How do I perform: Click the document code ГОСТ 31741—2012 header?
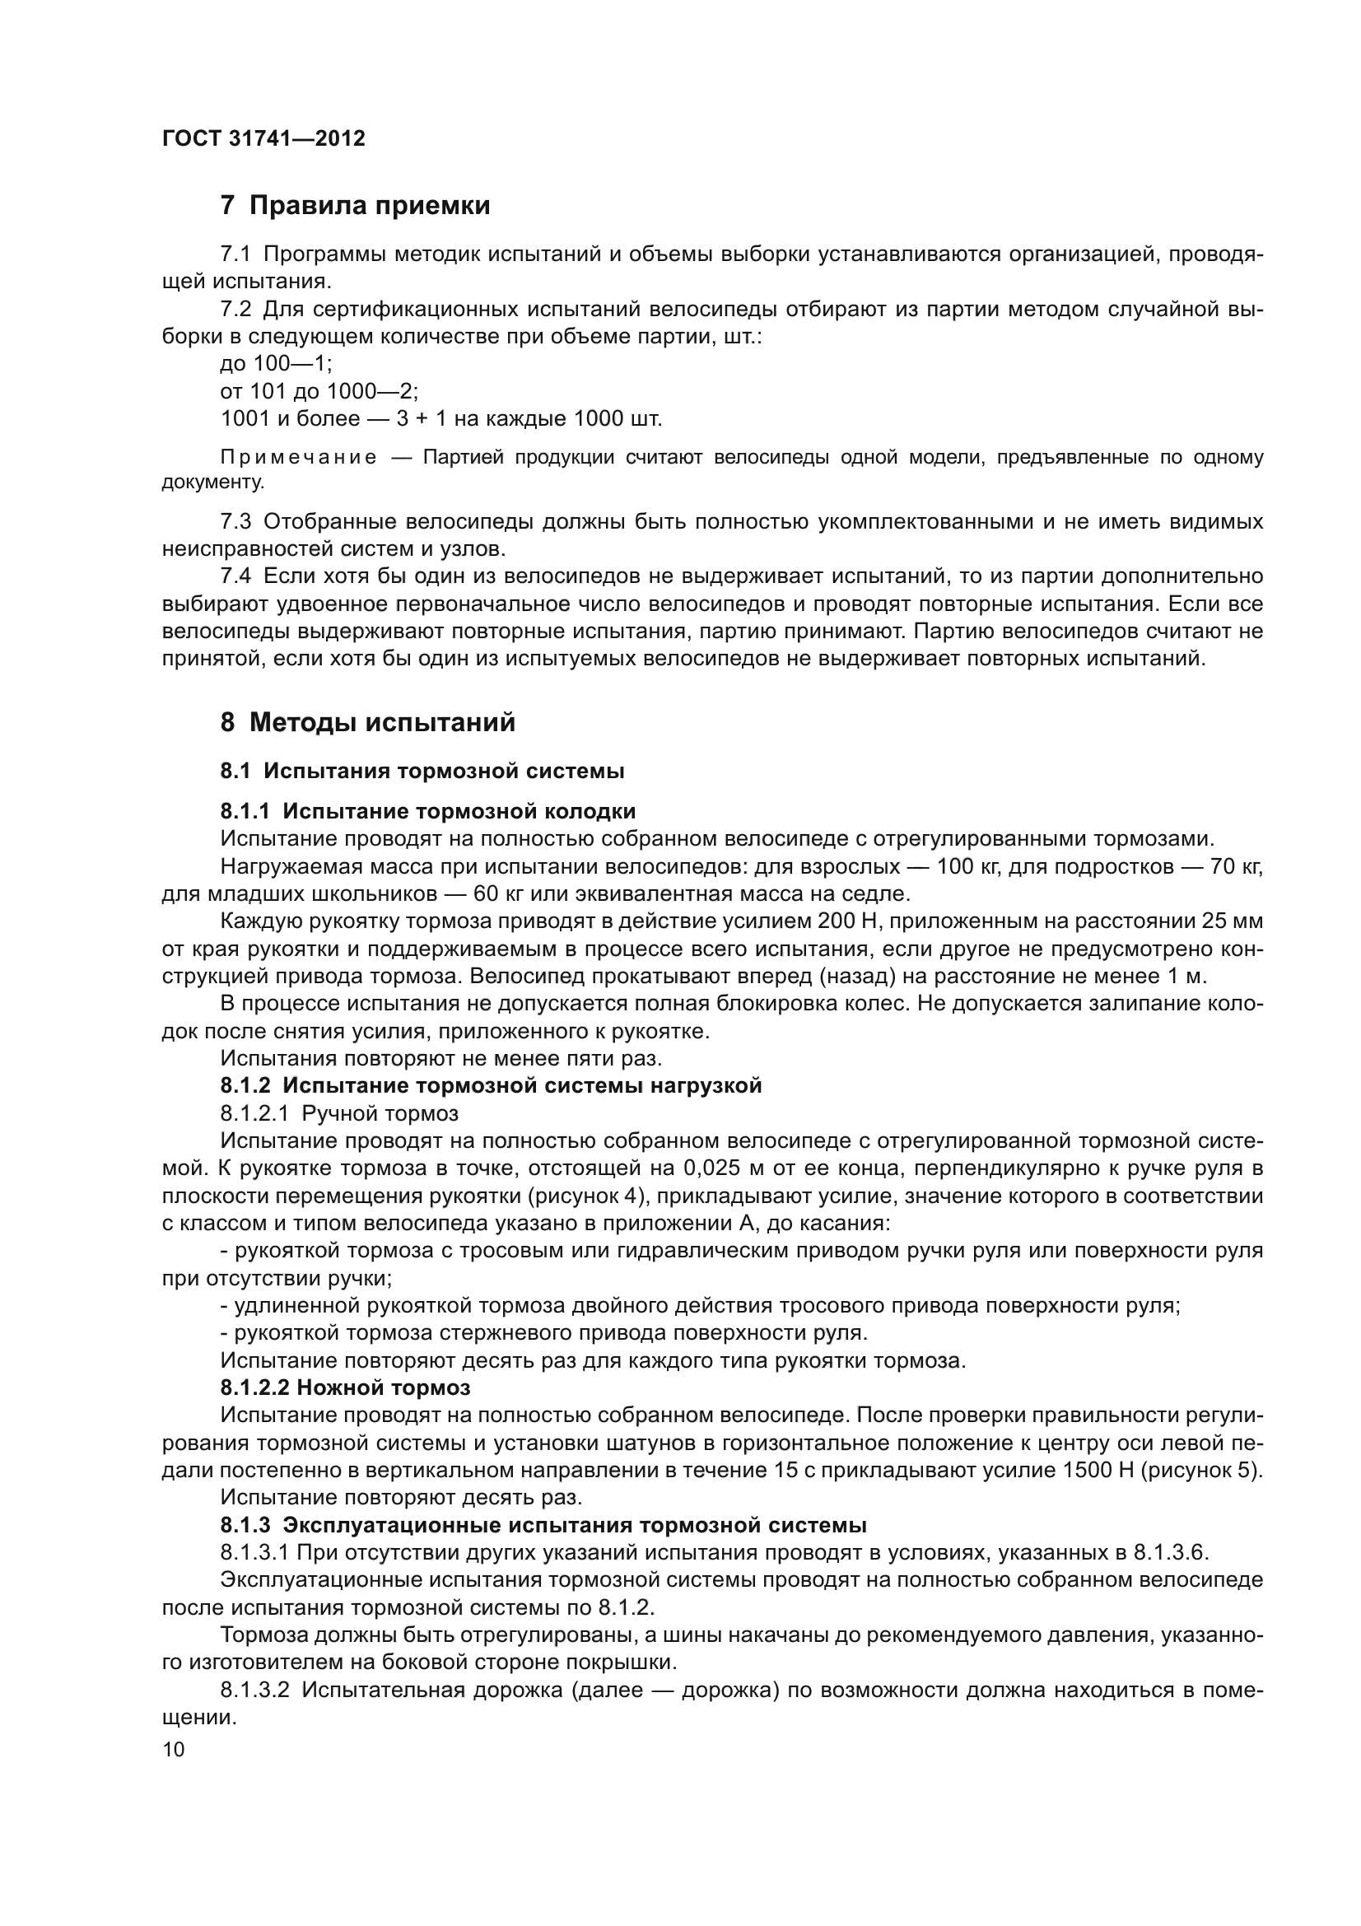pyautogui.click(x=263, y=139)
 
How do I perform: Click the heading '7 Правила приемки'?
pyautogui.click(x=355, y=206)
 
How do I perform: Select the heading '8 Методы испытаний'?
pyautogui.click(x=367, y=722)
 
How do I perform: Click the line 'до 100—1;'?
pyautogui.click(x=276, y=364)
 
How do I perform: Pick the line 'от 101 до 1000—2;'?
pyautogui.click(x=319, y=392)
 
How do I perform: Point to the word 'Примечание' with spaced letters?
pyautogui.click(x=298, y=458)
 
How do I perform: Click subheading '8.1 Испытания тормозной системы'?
pyautogui.click(x=422, y=771)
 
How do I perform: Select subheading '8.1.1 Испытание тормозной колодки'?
pyautogui.click(x=427, y=811)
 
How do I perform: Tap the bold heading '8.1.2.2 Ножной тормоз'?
pyautogui.click(x=345, y=1388)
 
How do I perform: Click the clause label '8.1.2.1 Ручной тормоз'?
pyautogui.click(x=338, y=1114)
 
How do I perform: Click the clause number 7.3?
pyautogui.click(x=235, y=523)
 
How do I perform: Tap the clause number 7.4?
pyautogui.click(x=235, y=577)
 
